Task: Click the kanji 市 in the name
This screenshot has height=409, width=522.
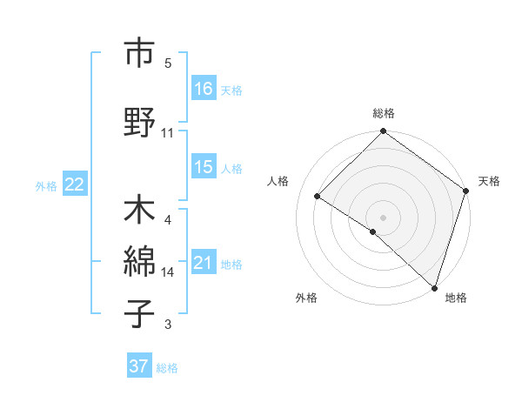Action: tap(139, 55)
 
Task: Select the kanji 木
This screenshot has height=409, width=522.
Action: tap(139, 212)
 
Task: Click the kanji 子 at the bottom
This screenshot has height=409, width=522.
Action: tap(139, 313)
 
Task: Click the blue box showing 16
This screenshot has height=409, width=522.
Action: tap(204, 89)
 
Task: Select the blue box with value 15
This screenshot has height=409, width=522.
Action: tap(204, 168)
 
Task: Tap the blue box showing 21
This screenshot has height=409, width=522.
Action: tap(204, 264)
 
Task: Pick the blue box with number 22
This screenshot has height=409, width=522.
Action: tap(75, 184)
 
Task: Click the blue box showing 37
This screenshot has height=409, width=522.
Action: tap(139, 367)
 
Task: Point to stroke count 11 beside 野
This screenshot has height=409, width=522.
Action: tap(168, 133)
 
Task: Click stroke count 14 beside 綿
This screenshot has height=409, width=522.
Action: tap(168, 272)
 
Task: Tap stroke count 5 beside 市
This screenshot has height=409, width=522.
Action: tap(168, 64)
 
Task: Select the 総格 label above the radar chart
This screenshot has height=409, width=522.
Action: tap(384, 114)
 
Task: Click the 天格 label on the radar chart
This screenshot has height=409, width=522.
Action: tap(489, 181)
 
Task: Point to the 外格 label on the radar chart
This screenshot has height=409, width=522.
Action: tap(306, 298)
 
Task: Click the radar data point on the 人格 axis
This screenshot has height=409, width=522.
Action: tap(318, 197)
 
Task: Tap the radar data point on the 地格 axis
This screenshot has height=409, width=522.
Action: tap(434, 287)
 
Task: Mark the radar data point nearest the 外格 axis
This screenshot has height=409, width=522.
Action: tap(373, 231)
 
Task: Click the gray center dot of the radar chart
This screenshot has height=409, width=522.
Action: tap(384, 217)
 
